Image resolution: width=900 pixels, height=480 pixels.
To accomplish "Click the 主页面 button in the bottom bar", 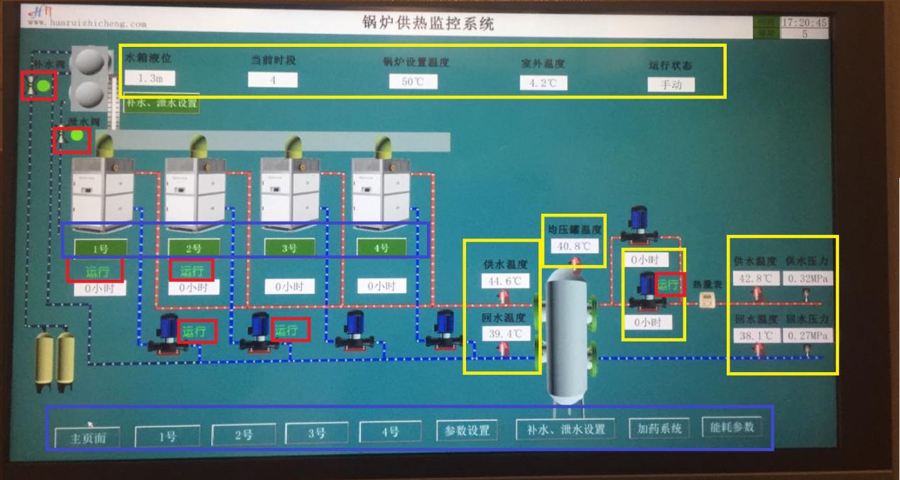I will pos(87,437).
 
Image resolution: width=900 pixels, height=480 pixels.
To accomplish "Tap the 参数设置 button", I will pos(463,430).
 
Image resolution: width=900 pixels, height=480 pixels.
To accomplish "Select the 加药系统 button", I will pos(659,428).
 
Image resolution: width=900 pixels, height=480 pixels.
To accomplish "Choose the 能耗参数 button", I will pos(732,427).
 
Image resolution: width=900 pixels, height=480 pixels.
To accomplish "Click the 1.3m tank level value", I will pos(149,79).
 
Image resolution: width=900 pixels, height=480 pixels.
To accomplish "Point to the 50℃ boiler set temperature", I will pos(413,82).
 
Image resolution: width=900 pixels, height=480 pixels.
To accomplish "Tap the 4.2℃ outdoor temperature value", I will pos(543,83).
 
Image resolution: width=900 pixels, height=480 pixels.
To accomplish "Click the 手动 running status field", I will pos(671,85).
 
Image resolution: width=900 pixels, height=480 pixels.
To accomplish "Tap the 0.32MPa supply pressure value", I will pos(808,278).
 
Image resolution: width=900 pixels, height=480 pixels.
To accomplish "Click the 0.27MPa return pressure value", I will pos(808,335).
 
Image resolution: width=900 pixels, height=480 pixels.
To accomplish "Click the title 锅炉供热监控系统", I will pos(426,23).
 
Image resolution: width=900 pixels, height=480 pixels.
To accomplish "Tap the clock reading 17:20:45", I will pos(804,23).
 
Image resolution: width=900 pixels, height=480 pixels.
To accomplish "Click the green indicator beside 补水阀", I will pos(44,87).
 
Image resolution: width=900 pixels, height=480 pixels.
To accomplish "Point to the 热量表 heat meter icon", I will pos(706,301).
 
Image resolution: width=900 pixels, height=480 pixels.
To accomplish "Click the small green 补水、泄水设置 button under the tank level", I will pos(161,104).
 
